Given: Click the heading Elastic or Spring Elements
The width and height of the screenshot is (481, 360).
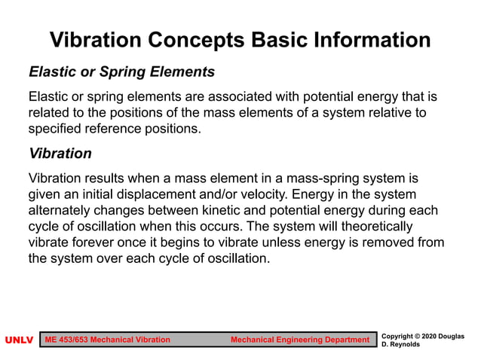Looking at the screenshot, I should tap(121, 72).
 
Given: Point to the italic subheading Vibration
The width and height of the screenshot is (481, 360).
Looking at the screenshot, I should tap(60, 154).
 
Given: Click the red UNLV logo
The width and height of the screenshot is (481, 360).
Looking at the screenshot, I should tap(19, 340).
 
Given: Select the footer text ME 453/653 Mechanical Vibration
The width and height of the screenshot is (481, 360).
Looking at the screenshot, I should tap(108, 340).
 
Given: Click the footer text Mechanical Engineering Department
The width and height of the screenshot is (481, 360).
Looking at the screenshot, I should tap(299, 340).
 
